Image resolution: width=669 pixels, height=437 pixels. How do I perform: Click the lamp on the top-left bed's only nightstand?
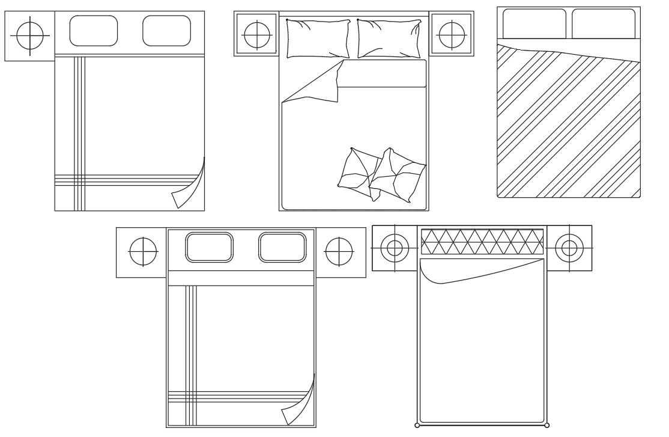29,36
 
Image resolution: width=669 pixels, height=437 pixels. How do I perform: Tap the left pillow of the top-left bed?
93,31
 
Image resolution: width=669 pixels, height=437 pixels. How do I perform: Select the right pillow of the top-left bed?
166,31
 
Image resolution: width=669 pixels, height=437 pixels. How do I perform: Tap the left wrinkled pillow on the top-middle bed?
318,38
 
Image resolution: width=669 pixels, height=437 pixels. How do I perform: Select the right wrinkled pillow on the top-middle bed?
389,38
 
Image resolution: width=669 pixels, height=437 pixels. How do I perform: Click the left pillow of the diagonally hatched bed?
534,24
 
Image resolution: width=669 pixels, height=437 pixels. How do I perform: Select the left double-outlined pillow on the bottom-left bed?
209,247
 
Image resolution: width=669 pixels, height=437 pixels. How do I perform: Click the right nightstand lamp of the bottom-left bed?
339,252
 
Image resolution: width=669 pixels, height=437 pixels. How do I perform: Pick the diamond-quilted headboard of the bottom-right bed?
482,242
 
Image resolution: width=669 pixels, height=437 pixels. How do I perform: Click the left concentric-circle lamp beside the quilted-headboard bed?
395,248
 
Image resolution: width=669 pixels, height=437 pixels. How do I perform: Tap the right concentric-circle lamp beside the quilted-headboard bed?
569,248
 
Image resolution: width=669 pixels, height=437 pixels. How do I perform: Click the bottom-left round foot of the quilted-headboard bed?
417,426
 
